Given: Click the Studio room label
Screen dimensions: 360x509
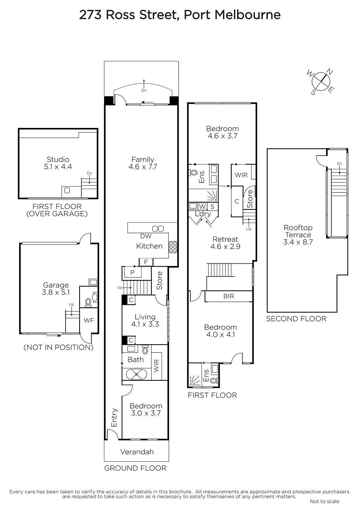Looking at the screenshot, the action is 58,159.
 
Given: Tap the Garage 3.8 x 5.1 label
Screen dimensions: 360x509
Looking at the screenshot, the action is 56,289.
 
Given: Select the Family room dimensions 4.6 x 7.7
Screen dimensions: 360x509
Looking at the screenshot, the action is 143,167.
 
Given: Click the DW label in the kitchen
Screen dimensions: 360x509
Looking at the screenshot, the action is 146,236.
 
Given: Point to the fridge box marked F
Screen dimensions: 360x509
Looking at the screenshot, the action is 146,262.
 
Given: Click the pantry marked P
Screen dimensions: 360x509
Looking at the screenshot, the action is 132,272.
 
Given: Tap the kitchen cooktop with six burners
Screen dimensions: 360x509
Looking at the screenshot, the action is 173,247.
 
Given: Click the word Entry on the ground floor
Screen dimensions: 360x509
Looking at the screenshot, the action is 114,418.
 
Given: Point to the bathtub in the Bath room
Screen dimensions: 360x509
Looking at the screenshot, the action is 137,374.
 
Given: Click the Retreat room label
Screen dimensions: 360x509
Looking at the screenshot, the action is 225,239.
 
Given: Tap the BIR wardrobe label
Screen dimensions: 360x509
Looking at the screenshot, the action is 229,296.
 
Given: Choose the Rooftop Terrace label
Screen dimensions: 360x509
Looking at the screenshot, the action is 298,231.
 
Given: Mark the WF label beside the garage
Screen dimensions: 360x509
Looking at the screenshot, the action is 89,320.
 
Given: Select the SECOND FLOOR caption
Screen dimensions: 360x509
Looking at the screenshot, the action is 296,319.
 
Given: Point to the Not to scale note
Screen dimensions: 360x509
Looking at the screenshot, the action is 325,501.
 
